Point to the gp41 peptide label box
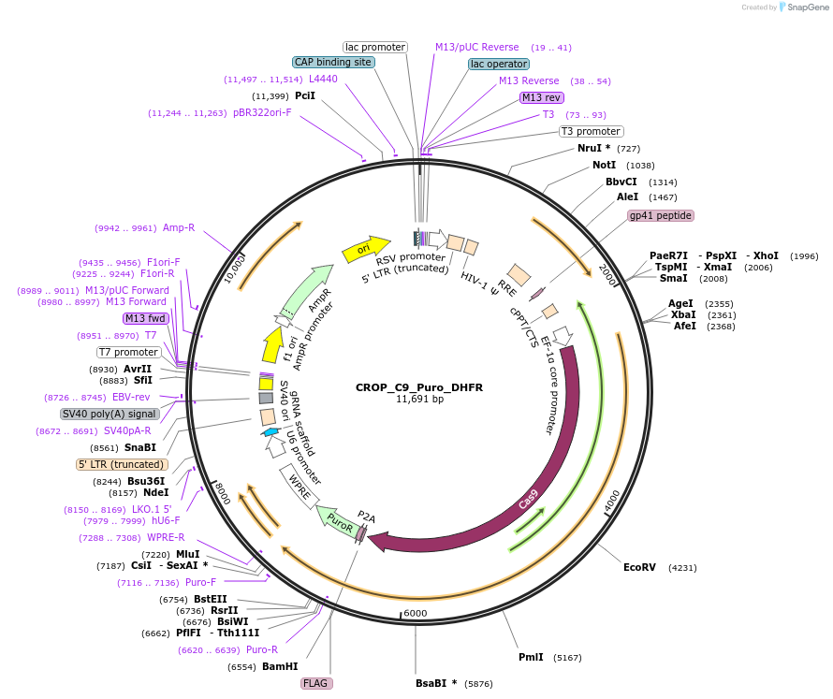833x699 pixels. (661, 215)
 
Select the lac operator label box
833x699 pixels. (499, 64)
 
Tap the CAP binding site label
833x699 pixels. (334, 62)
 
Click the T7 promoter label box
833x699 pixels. (128, 352)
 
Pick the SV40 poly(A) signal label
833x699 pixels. (110, 414)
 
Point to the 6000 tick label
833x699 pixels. (415, 613)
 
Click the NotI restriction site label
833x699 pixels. (605, 165)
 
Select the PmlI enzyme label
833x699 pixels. (531, 657)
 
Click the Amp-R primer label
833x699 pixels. (179, 227)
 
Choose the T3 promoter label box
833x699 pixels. (591, 131)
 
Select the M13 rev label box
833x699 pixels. (543, 97)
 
